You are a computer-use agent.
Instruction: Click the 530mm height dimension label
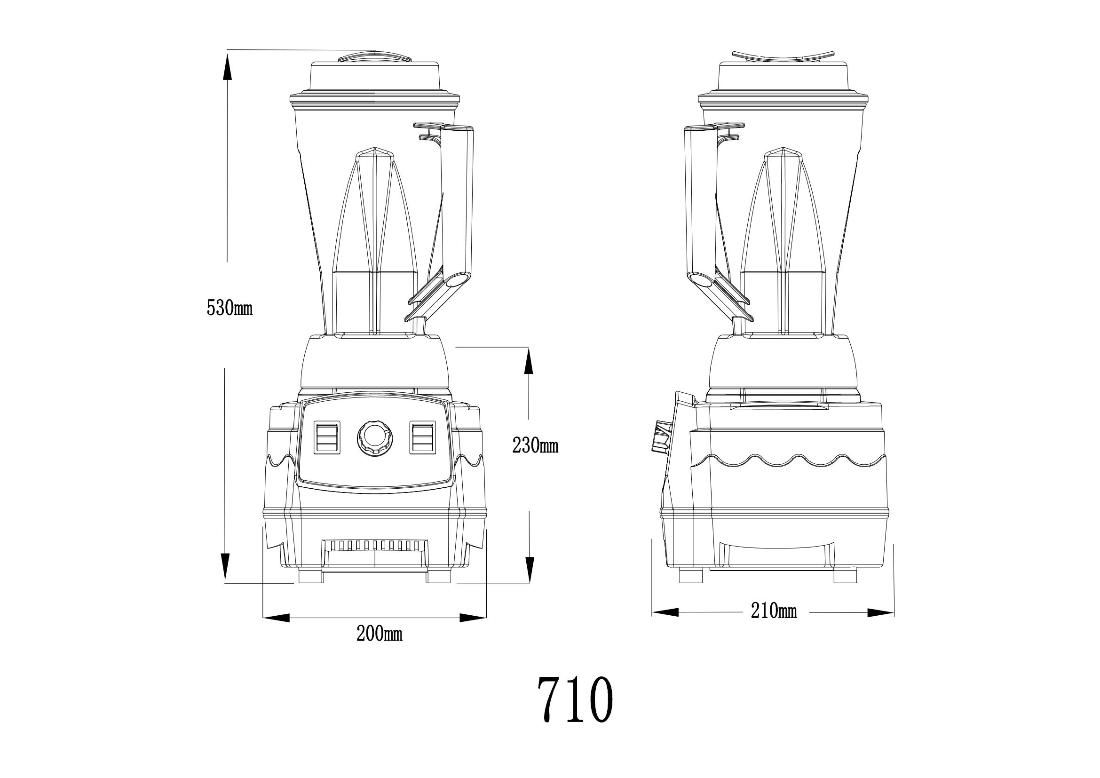point(229,308)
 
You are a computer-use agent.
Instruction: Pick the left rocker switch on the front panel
point(327,437)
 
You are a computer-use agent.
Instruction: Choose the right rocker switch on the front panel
point(423,437)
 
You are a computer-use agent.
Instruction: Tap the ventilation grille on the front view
point(375,545)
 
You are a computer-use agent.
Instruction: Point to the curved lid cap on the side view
point(783,57)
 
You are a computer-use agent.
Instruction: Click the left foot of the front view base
point(311,575)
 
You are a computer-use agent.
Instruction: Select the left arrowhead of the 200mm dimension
point(277,618)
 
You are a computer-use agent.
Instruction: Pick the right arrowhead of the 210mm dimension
point(880,612)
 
